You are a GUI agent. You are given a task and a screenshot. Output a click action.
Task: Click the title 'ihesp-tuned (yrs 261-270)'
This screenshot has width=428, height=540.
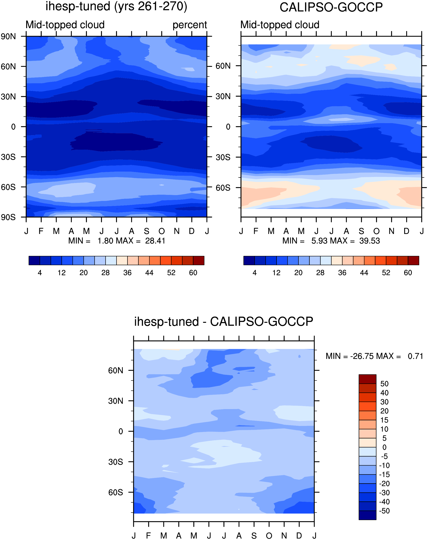(116, 6)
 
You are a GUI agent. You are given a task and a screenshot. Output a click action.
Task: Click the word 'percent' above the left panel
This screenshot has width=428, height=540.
(190, 25)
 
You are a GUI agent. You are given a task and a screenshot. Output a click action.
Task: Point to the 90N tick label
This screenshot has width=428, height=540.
(8, 37)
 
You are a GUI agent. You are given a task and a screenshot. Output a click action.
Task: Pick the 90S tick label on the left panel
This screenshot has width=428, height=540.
(8, 217)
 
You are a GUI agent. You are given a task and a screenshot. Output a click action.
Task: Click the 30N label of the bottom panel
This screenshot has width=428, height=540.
(116, 401)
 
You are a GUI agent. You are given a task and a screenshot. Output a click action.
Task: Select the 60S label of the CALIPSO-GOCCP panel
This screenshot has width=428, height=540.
(223, 187)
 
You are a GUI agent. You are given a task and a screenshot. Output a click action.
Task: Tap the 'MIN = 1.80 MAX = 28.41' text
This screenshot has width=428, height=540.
(117, 241)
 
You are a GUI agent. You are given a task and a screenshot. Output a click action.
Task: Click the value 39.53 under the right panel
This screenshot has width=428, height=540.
(370, 241)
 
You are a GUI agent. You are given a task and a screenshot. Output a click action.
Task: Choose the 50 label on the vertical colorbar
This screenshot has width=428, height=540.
(384, 384)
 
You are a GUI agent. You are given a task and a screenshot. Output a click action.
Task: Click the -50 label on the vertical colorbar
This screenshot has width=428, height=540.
(384, 511)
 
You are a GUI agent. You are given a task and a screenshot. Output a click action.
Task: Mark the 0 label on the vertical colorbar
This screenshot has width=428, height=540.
(384, 447)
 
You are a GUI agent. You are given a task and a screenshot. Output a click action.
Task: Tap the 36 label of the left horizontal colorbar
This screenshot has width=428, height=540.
(127, 273)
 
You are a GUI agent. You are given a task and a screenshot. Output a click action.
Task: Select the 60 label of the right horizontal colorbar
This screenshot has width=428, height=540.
(408, 273)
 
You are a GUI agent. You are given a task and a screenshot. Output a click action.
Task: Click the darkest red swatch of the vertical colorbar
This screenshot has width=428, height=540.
(367, 379)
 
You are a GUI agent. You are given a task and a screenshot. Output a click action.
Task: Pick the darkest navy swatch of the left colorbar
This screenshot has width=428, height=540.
(34, 260)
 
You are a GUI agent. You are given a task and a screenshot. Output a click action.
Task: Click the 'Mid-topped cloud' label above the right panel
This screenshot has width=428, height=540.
(280, 25)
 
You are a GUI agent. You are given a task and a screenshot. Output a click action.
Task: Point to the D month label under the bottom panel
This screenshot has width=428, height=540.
(299, 536)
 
